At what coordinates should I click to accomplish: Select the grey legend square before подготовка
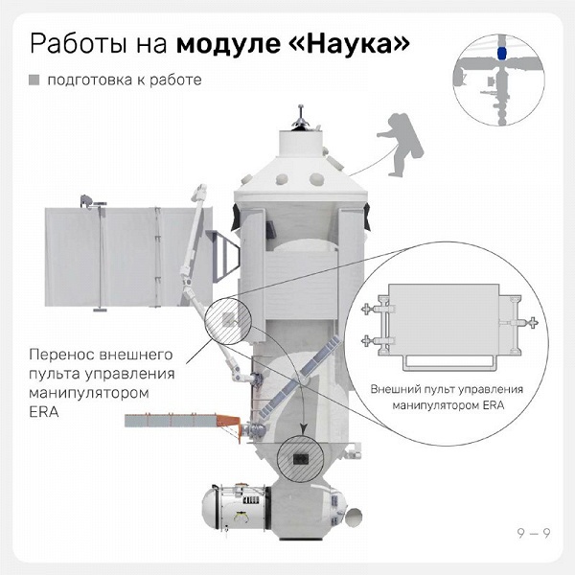coord(34,80)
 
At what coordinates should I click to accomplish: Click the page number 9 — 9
coord(534,533)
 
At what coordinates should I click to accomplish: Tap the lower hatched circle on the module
coord(300,460)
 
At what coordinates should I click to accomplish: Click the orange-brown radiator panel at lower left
coord(182,420)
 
